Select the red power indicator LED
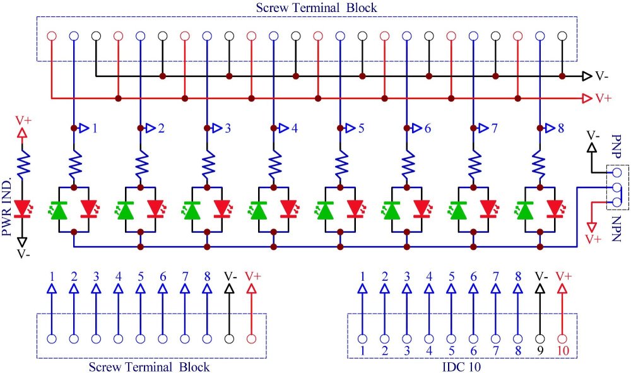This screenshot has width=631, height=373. (23, 209)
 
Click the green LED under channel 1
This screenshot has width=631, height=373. (59, 210)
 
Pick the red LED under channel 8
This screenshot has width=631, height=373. (556, 210)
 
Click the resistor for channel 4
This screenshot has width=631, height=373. (274, 163)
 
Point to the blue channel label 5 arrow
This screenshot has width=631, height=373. (350, 128)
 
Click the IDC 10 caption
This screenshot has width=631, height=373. (461, 367)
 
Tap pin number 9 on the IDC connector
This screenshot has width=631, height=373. (540, 351)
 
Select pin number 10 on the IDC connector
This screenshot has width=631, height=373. (563, 351)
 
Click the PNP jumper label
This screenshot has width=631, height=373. (616, 146)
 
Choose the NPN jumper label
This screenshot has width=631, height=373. (616, 228)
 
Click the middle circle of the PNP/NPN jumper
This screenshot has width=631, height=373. (616, 187)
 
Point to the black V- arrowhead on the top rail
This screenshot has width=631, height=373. (587, 76)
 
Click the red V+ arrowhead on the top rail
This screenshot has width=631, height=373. (587, 98)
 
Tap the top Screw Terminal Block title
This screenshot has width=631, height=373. (316, 8)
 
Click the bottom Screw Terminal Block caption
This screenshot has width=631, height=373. (149, 367)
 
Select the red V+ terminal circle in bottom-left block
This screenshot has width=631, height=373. (252, 339)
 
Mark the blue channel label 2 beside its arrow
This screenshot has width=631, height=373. (162, 128)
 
